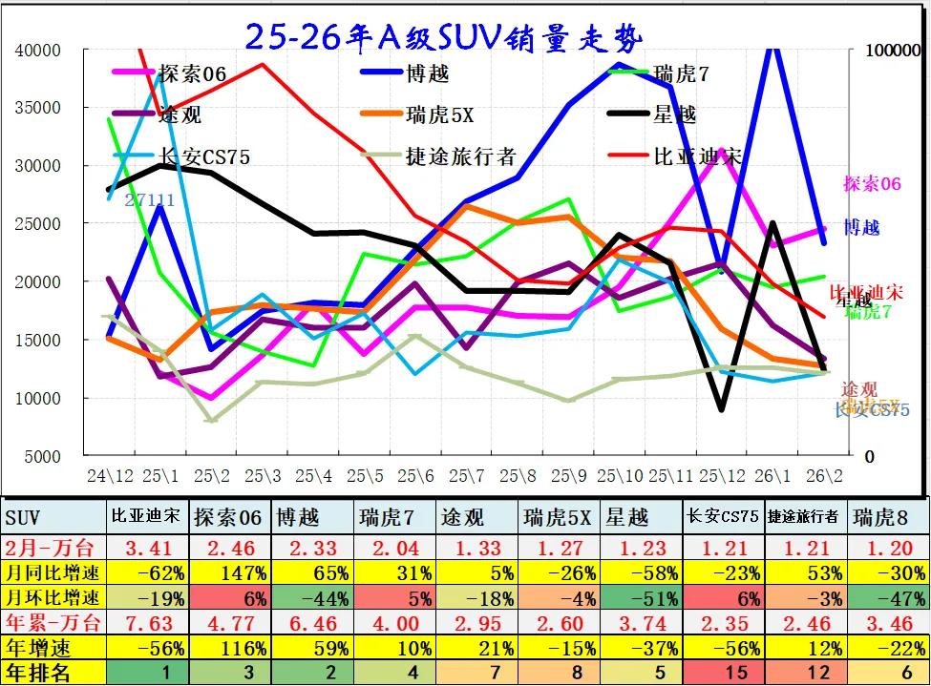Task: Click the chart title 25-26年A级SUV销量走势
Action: pyautogui.click(x=444, y=37)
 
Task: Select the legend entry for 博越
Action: pyautogui.click(x=427, y=73)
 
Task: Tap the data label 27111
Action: pyautogui.click(x=150, y=200)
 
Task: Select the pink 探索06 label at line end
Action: pyautogui.click(x=872, y=184)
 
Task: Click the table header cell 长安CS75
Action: pyautogui.click(x=722, y=517)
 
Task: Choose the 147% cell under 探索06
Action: pyautogui.click(x=230, y=572)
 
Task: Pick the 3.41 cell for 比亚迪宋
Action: pyautogui.click(x=148, y=546)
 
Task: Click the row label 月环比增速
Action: pyautogui.click(x=53, y=598)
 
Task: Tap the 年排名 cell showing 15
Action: pyautogui.click(x=722, y=674)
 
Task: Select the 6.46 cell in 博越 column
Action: pyautogui.click(x=312, y=624)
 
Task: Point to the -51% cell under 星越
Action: pyautogui.click(x=640, y=598)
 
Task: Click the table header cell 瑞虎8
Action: pyautogui.click(x=874, y=517)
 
